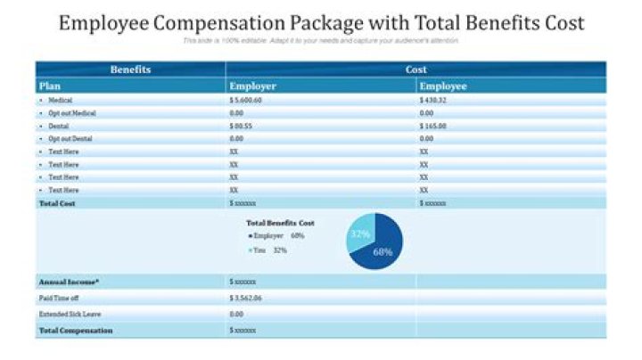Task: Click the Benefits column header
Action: (x=130, y=70)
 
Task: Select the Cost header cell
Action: (x=416, y=70)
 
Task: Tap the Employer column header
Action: (x=253, y=86)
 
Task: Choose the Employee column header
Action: (x=443, y=86)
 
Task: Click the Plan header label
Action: (x=49, y=86)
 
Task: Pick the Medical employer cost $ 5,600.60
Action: (x=246, y=101)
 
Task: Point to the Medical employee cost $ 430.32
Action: (x=432, y=101)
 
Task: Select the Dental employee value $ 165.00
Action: (x=432, y=127)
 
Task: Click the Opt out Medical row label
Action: (x=71, y=113)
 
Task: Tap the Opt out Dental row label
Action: (x=70, y=139)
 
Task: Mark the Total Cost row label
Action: (x=57, y=203)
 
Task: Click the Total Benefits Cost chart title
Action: (x=280, y=222)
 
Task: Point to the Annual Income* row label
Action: (x=69, y=282)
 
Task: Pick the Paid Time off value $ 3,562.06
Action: (x=246, y=298)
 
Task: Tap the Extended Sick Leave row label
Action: (x=69, y=314)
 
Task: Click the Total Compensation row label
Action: (x=76, y=331)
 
